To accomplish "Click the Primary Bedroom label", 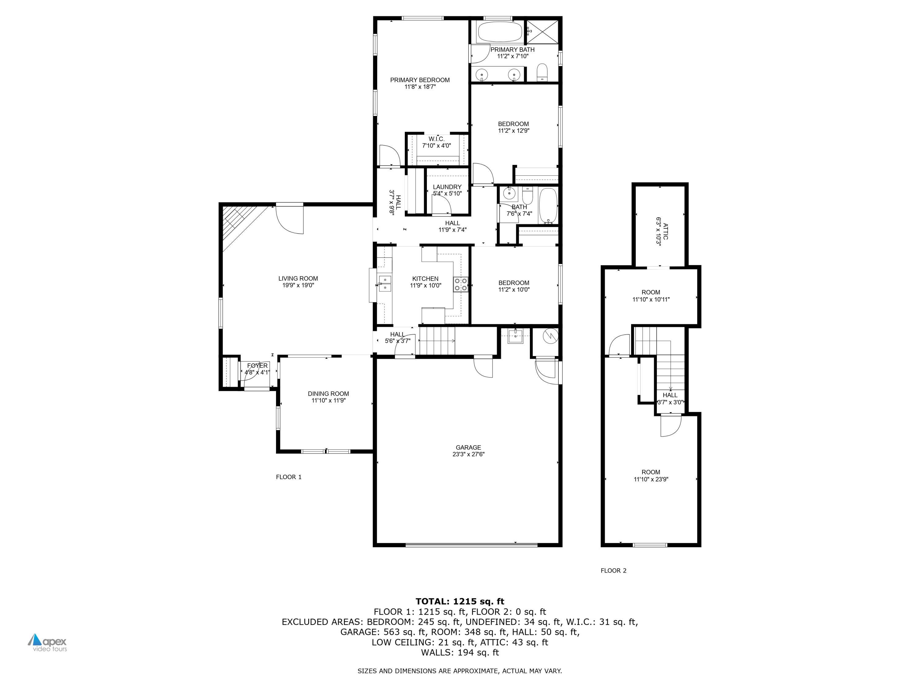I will pyautogui.click(x=420, y=80).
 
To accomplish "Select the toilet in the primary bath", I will pyautogui.click(x=542, y=72).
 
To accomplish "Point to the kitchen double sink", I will pyautogui.click(x=385, y=283).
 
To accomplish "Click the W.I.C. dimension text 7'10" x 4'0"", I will pyautogui.click(x=436, y=146).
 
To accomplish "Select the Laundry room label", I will pyautogui.click(x=447, y=187).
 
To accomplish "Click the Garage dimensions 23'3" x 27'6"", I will pyautogui.click(x=468, y=454).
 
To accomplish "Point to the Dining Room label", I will pyautogui.click(x=328, y=393).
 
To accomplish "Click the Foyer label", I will pyautogui.click(x=257, y=366).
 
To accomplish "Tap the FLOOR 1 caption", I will pyautogui.click(x=289, y=477).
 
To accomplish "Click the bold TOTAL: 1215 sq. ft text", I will pyautogui.click(x=460, y=601).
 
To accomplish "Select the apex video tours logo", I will pyautogui.click(x=48, y=642).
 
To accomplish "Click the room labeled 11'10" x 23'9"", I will pyautogui.click(x=650, y=475).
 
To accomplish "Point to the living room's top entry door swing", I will pyautogui.click(x=290, y=220).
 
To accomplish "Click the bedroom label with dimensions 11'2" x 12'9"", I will pyautogui.click(x=513, y=124).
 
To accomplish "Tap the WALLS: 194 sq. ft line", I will pyautogui.click(x=460, y=652).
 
